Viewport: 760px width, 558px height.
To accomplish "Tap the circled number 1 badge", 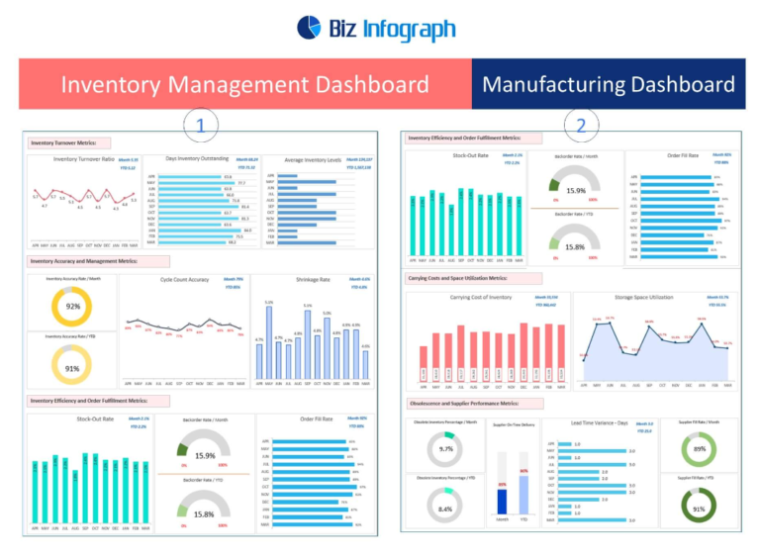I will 201,125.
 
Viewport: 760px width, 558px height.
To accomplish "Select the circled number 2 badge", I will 580,125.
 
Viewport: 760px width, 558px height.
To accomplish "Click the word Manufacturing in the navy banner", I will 559,83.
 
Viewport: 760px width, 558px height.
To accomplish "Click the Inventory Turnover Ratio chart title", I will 81,158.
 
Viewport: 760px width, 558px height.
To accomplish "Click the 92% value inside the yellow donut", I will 72,307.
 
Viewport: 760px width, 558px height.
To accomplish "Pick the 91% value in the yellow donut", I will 72,368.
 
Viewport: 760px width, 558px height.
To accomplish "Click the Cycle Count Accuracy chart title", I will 186,279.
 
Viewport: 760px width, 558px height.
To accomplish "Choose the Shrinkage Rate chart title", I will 309,279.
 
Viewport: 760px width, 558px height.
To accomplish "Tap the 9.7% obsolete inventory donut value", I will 445,449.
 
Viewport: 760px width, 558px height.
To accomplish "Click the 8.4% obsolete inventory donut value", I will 445,509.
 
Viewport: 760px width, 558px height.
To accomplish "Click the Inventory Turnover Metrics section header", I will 63,142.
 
